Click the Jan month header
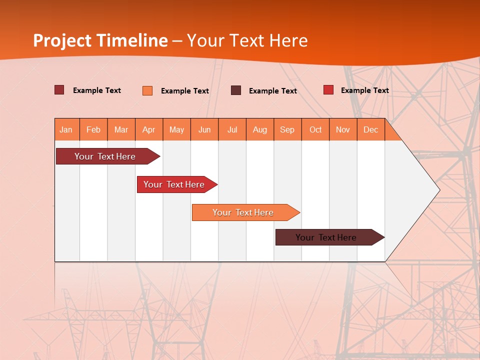66,129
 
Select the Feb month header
93,129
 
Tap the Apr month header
149,129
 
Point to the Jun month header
204,129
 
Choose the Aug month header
260,129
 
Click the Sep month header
287,129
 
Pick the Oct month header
315,129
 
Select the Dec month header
371,129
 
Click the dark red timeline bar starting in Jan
105,156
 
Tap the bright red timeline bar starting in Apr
174,184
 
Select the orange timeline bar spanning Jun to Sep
243,212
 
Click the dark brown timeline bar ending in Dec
326,237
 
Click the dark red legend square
59,90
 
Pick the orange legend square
147,90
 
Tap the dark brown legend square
236,90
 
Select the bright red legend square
328,90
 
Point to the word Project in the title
63,40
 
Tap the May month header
176,129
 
